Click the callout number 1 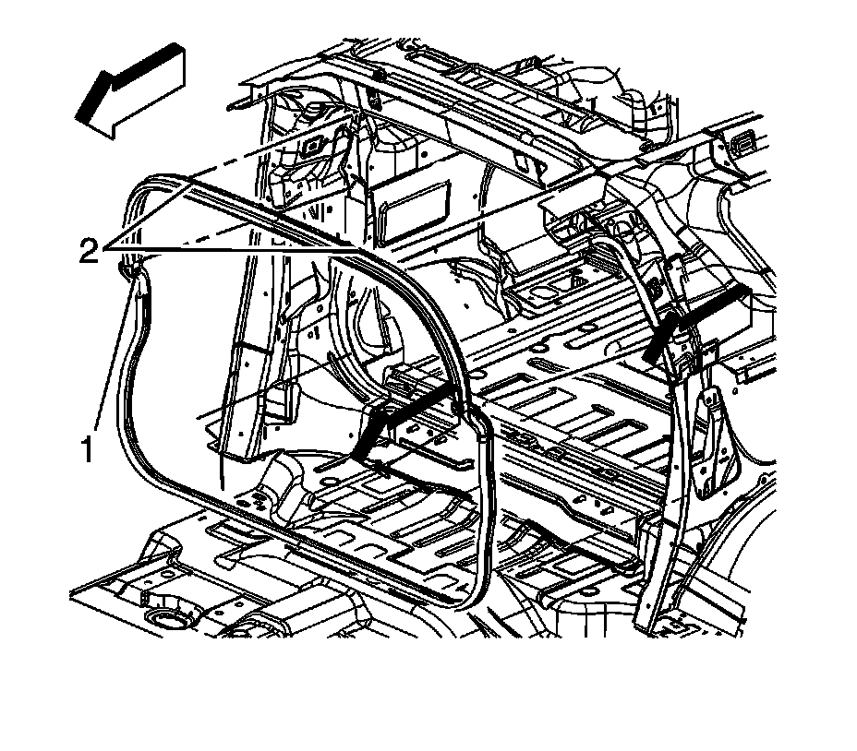87,451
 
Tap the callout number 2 89,251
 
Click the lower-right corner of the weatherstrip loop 477,590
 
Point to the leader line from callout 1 111,369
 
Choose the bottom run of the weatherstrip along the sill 314,544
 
